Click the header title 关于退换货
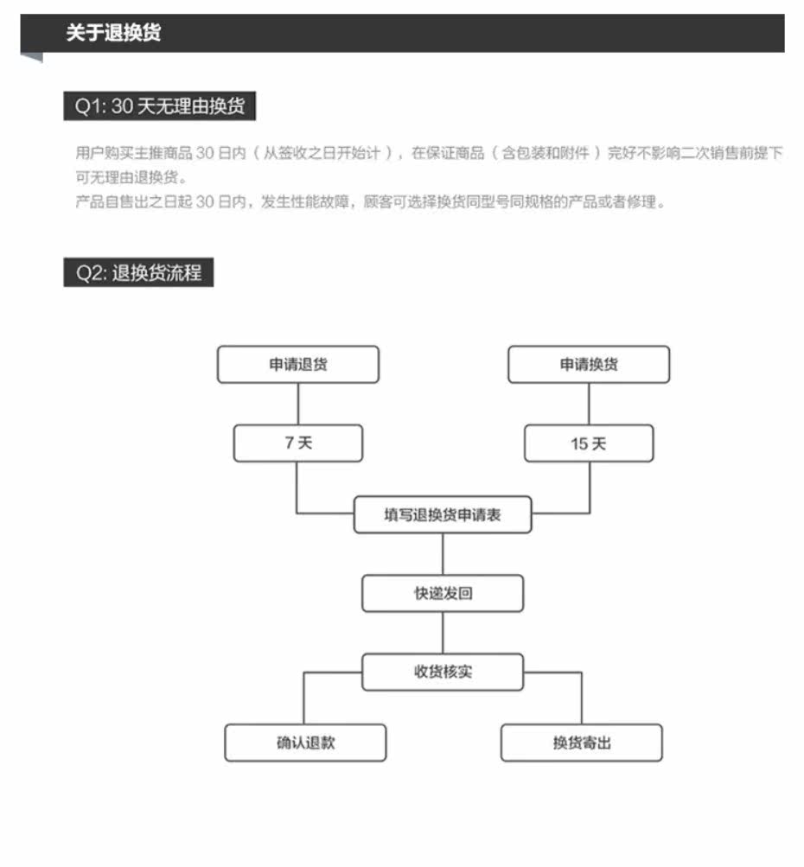pos(113,34)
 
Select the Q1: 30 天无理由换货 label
pos(159,106)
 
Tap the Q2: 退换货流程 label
pos(138,272)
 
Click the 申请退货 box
pos(297,364)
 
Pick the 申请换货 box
pos(588,364)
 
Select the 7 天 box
pos(297,443)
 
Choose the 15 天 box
pos(588,443)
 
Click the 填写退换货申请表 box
pos(443,515)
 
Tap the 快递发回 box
pos(443,594)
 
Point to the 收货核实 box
pos(443,672)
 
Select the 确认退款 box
pos(305,743)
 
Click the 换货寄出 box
pos(581,743)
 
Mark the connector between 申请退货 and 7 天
pos(297,404)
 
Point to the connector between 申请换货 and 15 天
pos(589,404)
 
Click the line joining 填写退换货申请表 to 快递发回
pos(443,554)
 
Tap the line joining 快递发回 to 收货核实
pos(443,633)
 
